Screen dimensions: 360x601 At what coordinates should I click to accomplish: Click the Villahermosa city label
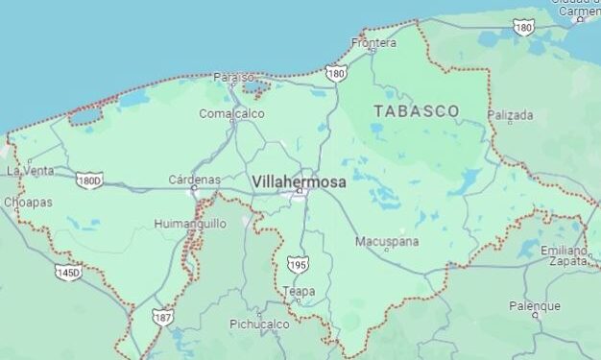click(x=299, y=180)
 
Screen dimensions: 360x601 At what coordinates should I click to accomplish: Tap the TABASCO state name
click(x=416, y=111)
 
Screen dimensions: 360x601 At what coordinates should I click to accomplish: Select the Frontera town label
click(x=373, y=43)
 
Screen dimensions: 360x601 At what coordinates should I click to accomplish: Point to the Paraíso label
click(x=234, y=77)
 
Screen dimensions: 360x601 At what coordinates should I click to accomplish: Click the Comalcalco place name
click(x=231, y=113)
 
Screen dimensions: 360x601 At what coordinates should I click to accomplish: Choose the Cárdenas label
click(x=194, y=180)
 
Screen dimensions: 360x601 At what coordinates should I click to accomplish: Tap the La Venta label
click(x=30, y=171)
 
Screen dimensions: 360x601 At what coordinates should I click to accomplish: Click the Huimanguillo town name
click(x=190, y=224)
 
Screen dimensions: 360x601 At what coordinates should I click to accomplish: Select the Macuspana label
click(x=386, y=241)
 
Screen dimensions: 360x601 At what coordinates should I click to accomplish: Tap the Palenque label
click(x=535, y=306)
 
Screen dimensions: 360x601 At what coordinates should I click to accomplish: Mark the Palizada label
click(x=510, y=115)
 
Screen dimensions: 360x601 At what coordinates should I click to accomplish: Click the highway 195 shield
click(x=298, y=264)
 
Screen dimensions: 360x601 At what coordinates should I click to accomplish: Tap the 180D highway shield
click(x=89, y=180)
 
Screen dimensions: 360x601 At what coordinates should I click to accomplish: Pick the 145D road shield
click(x=68, y=274)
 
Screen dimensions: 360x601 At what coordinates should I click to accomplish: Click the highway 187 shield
click(x=163, y=316)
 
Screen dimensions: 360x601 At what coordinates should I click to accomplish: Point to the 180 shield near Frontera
click(x=336, y=72)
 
